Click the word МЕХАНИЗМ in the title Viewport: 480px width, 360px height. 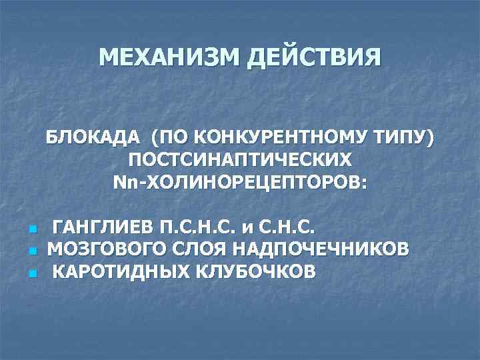[x=169, y=57]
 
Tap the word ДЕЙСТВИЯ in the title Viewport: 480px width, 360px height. [x=314, y=57]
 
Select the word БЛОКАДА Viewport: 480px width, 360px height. [x=93, y=138]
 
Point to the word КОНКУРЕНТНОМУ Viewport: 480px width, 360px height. [x=281, y=138]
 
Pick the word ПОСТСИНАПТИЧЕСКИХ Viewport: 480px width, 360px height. [x=240, y=160]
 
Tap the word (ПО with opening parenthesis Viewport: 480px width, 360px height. [x=167, y=138]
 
